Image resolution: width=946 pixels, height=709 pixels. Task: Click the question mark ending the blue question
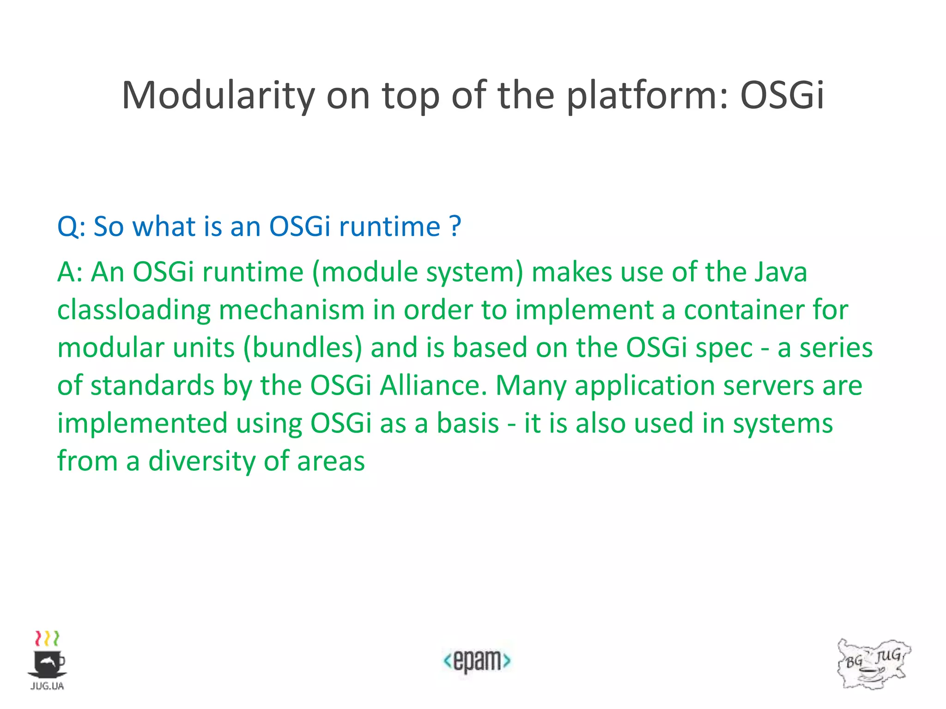pos(455,226)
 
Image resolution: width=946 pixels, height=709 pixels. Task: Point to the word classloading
pos(133,310)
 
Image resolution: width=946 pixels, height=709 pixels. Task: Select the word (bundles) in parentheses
pos(303,348)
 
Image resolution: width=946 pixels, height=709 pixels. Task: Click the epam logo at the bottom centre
pos(477,661)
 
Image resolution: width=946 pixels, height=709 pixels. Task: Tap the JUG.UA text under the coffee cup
pos(47,686)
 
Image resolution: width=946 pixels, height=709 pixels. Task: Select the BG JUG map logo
pos(873,664)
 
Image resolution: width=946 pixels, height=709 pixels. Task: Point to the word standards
pos(152,385)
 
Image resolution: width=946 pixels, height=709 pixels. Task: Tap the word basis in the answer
pos(467,423)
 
